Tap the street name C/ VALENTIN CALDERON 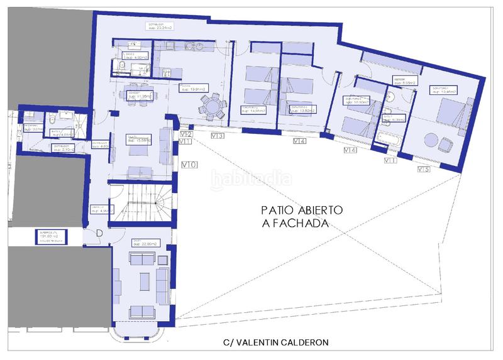coord(275,342)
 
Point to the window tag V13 coord(218,136)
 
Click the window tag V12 coord(185,134)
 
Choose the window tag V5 coord(424,169)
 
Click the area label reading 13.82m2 coord(299,108)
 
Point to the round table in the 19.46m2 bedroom coord(432,139)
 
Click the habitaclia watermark coord(251,179)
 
